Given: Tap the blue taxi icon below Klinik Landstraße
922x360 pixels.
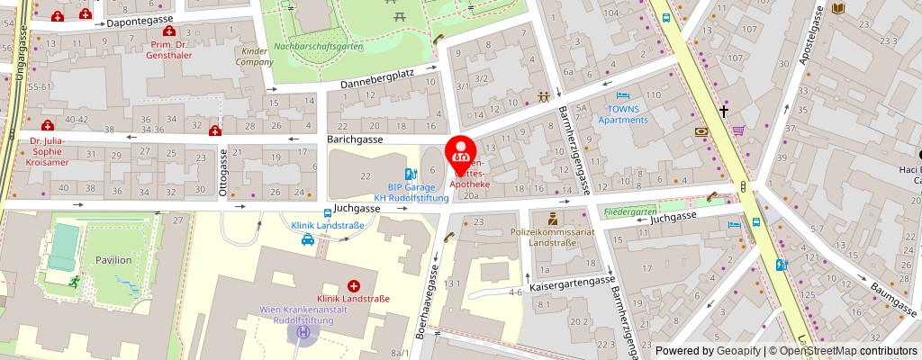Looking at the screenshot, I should click(308, 239).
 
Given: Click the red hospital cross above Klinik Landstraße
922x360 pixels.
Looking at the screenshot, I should click(353, 285).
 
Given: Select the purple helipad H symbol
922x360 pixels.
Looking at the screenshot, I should click(304, 332).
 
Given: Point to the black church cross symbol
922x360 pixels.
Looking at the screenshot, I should click(723, 111).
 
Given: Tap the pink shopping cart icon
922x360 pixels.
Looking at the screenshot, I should click(738, 130).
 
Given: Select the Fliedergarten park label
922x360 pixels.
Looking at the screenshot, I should click(629, 213).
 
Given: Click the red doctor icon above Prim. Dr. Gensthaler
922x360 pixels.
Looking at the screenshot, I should click(169, 31).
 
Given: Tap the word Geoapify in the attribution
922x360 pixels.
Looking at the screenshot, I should click(737, 351).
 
